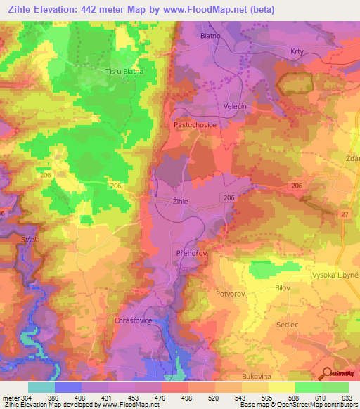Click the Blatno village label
pos(210,35)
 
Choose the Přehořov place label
pos(191,252)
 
